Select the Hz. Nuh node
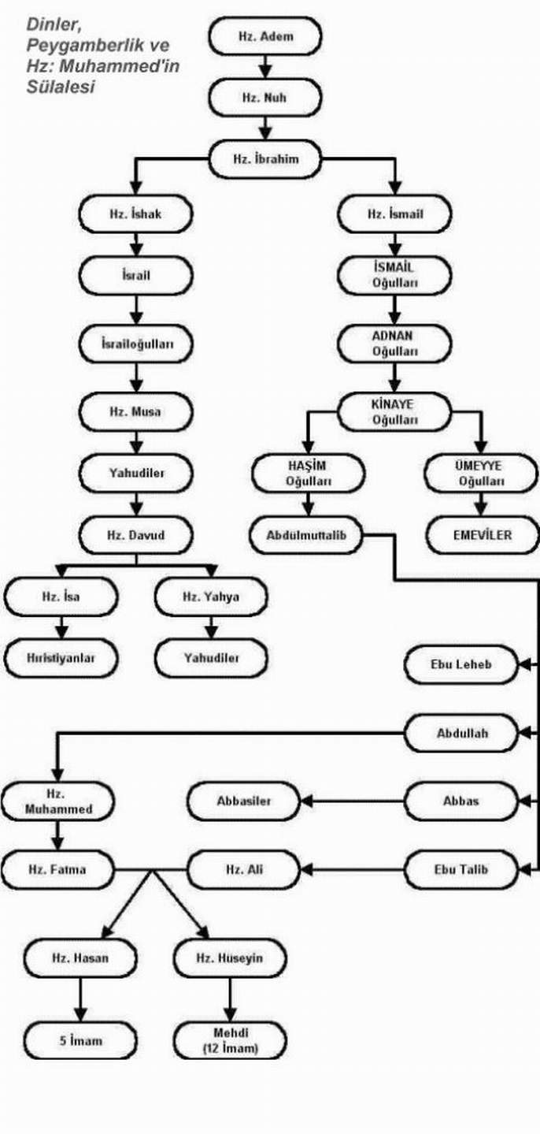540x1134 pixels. pos(264,99)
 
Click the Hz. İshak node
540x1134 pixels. pos(135,214)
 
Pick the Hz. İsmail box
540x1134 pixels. pos(394,214)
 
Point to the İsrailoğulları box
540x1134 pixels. pos(135,344)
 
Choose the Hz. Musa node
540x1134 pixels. pos(135,411)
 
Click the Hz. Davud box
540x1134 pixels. pos(135,536)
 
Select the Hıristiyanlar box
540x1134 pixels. pos(60,658)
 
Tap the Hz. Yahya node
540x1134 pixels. pos(210,597)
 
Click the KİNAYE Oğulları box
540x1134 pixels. pos(394,411)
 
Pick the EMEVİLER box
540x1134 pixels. pos(483,535)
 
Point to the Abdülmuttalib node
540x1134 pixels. pos(307,535)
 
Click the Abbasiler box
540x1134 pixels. pos(243,801)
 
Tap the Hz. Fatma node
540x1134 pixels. pos(57,870)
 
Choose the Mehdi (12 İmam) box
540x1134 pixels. pos(230,1040)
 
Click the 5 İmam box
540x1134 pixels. pos(80,1041)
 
